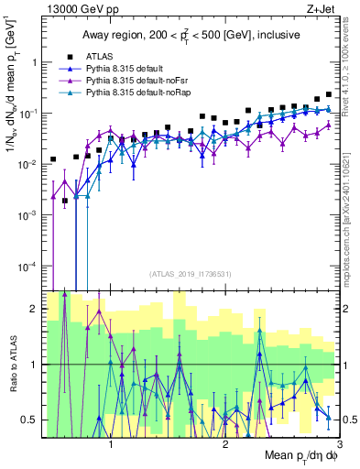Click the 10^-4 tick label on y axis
29,266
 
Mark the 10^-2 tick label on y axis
29,164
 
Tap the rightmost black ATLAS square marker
329,94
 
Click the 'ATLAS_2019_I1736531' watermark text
191,274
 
